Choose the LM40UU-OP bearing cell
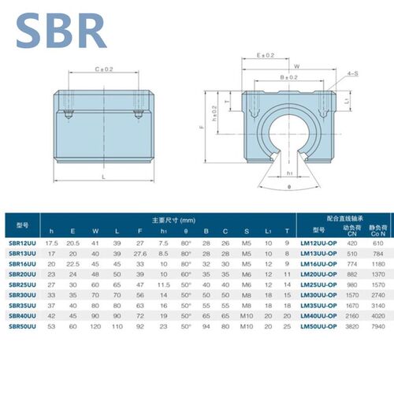pos(319,316)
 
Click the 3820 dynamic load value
pos(352,326)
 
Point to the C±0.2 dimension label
pos(104,69)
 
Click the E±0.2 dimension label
pos(266,56)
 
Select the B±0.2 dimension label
pos(288,78)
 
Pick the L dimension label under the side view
pos(104,178)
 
